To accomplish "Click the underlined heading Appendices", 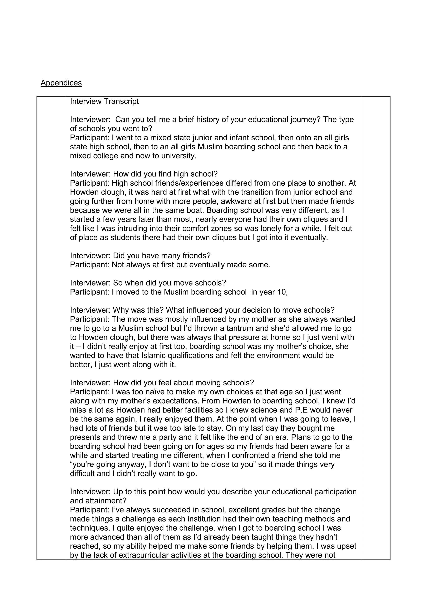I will pyautogui.click(x=61, y=83).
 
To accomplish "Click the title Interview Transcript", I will pyautogui.click(x=104, y=101).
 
